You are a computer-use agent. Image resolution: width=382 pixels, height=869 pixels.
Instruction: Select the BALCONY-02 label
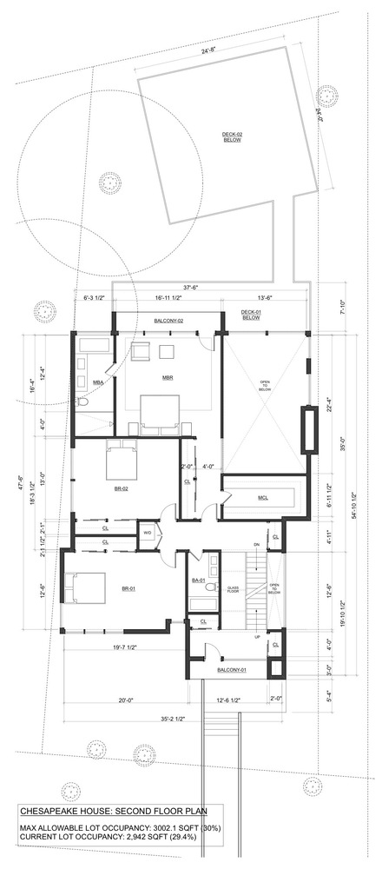point(168,321)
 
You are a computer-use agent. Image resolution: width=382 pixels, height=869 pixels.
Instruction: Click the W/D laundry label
point(147,533)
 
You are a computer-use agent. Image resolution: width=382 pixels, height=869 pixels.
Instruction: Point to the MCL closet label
point(262,497)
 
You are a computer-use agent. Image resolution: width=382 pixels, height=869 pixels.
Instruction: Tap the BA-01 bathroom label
point(197,580)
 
